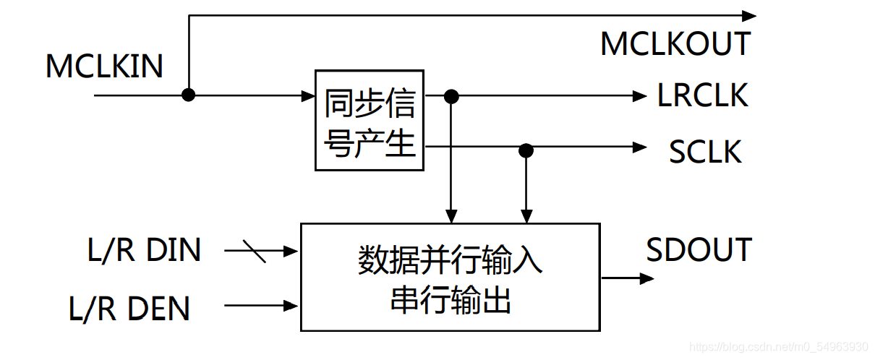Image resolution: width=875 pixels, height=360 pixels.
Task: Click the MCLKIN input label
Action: point(104,67)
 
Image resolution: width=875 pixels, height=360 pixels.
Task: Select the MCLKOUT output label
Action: point(675,44)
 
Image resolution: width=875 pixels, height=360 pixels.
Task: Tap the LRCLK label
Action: point(702,95)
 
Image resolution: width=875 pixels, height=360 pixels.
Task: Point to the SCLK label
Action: point(705,152)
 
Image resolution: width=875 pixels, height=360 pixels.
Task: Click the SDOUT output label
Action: point(699,250)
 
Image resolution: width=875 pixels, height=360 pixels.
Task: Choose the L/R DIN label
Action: point(144,251)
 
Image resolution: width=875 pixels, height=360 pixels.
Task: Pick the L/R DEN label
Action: point(129,309)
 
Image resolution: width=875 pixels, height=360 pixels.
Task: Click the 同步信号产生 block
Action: point(370,120)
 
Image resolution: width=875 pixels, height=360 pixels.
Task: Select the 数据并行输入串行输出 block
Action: point(450,278)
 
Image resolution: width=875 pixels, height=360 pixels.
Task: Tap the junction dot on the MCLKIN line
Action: point(188,95)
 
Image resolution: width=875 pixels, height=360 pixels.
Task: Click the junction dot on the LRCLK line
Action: point(451,95)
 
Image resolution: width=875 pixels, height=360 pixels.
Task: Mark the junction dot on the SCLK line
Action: point(526,150)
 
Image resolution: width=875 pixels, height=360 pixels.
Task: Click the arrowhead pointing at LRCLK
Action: point(639,95)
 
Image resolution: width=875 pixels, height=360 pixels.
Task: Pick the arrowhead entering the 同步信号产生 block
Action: point(307,95)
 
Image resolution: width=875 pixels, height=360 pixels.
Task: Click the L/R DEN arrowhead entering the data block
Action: point(292,305)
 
